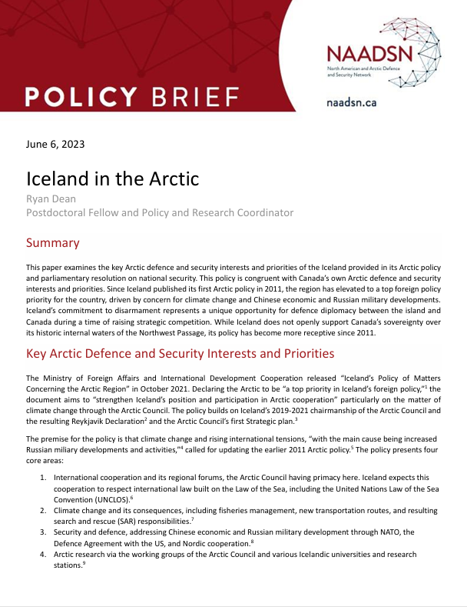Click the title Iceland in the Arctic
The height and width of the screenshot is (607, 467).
tap(112, 178)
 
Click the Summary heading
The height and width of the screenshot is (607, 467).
tap(52, 243)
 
